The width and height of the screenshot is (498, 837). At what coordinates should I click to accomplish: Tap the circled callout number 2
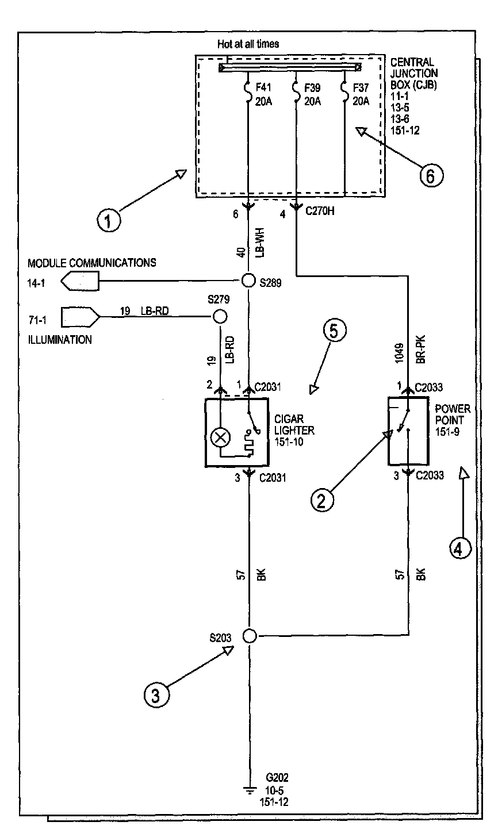coord(322,499)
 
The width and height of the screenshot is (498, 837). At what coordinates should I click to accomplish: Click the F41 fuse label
coord(263,89)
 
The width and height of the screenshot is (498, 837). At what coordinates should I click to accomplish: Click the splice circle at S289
coord(248,281)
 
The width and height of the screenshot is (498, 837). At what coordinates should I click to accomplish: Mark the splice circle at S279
coord(220,316)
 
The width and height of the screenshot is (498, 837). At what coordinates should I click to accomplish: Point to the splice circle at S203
coord(249,636)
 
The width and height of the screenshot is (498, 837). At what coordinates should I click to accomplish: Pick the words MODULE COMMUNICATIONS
coord(92,263)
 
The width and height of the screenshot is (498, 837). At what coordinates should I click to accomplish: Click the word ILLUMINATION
coord(60,340)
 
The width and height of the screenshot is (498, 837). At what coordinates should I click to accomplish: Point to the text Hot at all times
coord(248,44)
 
